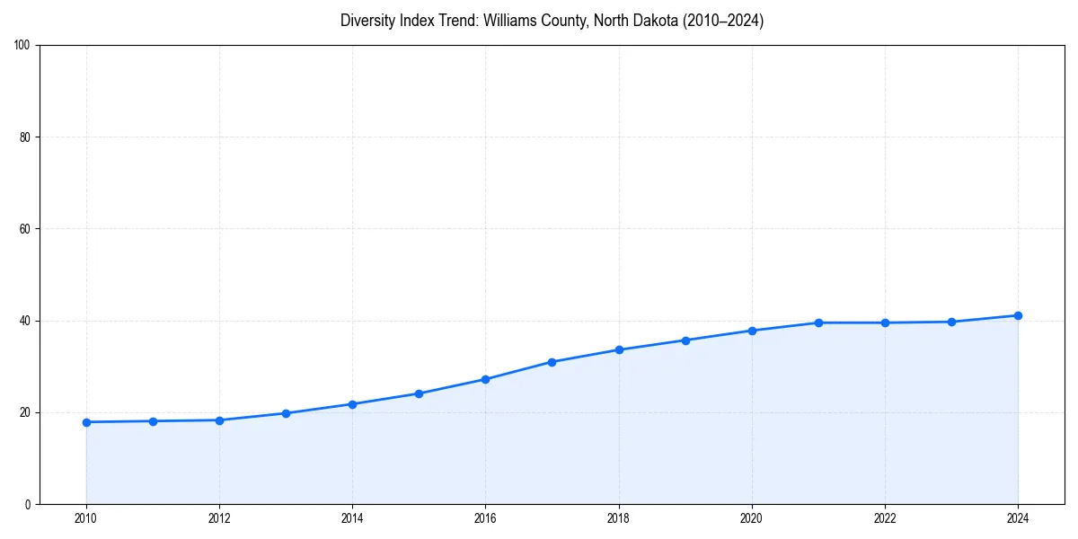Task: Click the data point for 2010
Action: click(x=86, y=422)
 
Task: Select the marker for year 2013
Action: click(x=286, y=413)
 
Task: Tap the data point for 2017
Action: click(x=552, y=362)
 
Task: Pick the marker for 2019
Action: click(x=685, y=340)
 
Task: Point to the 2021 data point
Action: click(x=818, y=323)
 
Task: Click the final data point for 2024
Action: click(x=1018, y=315)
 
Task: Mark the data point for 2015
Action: click(x=419, y=393)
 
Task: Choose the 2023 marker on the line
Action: click(x=951, y=322)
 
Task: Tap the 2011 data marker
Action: click(x=153, y=421)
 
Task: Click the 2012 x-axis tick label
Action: click(x=219, y=518)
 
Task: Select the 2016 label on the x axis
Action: click(x=485, y=518)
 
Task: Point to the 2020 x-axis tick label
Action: click(x=752, y=518)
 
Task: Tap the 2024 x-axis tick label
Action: click(x=1018, y=518)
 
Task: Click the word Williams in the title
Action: click(x=509, y=21)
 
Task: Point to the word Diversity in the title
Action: click(x=367, y=21)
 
